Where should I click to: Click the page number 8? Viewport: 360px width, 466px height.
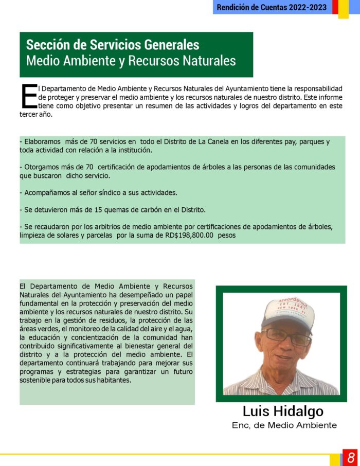tap(351, 457)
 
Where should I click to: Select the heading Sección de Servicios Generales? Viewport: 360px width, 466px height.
tap(113, 45)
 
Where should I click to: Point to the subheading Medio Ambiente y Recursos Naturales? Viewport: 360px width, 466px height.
tap(131, 61)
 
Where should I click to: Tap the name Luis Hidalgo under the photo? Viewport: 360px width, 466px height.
tap(283, 411)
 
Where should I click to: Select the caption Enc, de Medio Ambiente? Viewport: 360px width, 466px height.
tap(284, 425)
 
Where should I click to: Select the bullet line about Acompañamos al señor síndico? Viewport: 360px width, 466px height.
tap(98, 192)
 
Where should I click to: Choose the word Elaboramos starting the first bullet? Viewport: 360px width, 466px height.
tap(42, 142)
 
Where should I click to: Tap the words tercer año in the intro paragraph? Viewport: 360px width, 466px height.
tap(36, 114)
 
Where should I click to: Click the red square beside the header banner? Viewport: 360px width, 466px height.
tap(335, 7)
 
